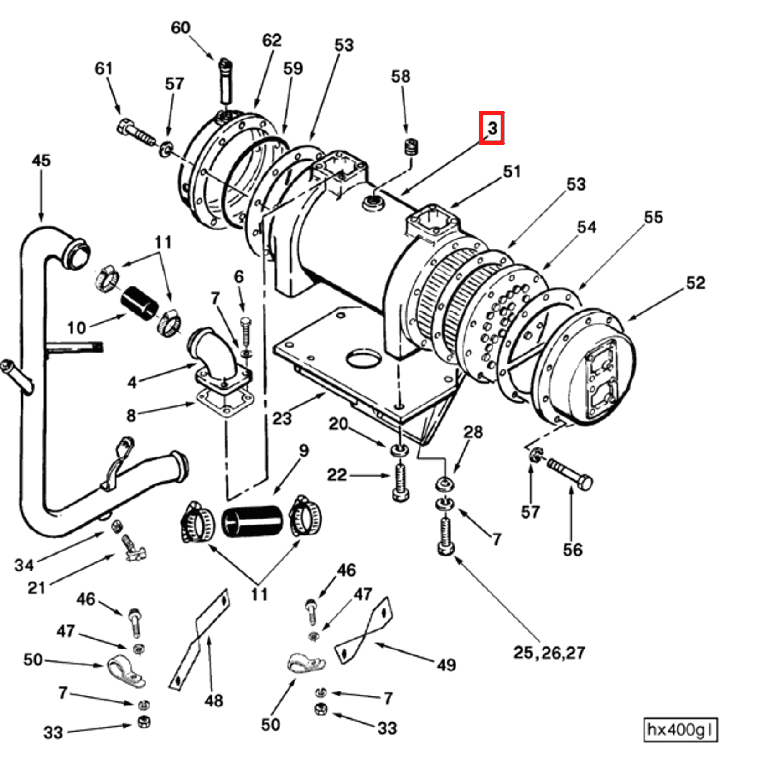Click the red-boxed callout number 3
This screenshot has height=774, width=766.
[491, 128]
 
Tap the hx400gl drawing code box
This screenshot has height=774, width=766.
[680, 730]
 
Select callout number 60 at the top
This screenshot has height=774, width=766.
[180, 28]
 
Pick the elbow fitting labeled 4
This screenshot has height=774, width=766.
[214, 356]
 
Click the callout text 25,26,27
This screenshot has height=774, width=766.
[549, 653]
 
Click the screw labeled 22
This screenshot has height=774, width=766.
[400, 482]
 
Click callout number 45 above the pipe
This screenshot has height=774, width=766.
[41, 161]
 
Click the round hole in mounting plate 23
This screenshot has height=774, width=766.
[363, 359]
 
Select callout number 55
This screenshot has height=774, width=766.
[653, 217]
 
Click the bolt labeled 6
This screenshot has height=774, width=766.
[245, 335]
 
